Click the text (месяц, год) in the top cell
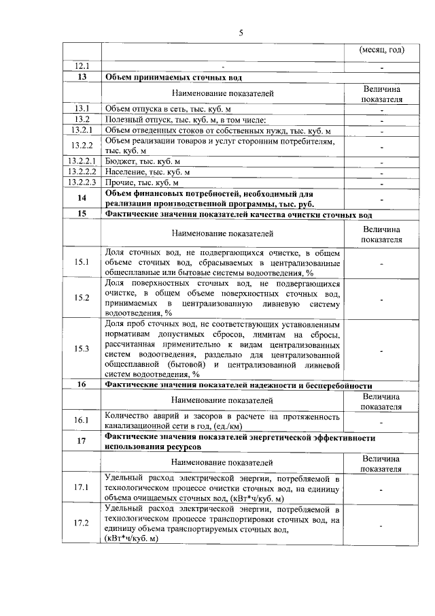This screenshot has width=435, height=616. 381,50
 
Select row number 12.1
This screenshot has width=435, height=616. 82,67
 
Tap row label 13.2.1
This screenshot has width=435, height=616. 82,131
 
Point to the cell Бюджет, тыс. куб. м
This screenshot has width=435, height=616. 143,162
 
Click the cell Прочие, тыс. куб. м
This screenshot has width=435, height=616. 142,183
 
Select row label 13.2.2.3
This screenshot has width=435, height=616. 82,183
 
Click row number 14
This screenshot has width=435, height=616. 82,198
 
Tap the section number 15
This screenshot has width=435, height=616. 82,214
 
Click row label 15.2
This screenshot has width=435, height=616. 82,297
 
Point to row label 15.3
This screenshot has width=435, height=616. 82,348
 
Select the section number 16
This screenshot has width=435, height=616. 82,385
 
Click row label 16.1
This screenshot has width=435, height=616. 82,420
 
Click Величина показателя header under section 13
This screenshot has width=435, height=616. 381,93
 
